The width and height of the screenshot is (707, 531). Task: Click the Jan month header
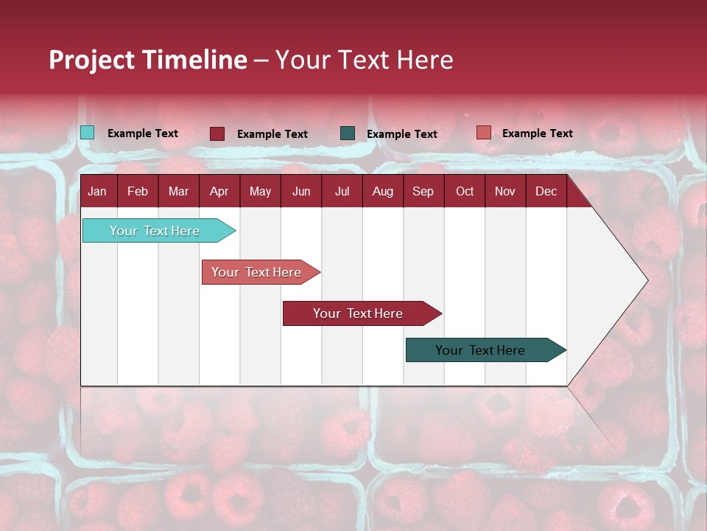(97, 192)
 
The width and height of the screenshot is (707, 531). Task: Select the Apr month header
(219, 192)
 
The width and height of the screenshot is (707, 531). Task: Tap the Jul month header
(342, 192)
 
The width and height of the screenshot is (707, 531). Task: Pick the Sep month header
(423, 192)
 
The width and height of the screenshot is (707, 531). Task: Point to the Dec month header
(546, 192)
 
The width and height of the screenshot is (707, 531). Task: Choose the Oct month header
(465, 192)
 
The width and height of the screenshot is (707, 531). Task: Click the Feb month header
(138, 192)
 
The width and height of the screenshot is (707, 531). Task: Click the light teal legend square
(87, 133)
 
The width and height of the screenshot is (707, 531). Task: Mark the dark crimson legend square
(217, 133)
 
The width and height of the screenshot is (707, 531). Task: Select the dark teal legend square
(348, 133)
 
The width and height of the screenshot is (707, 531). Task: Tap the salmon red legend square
(483, 133)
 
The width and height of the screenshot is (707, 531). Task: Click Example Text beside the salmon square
(537, 133)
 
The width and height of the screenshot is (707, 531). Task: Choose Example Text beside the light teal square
(143, 133)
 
